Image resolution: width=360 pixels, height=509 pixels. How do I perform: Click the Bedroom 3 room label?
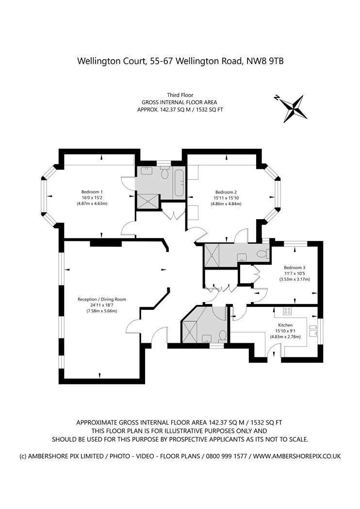pyautogui.click(x=295, y=268)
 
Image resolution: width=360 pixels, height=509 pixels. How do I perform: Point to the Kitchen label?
pyautogui.click(x=285, y=325)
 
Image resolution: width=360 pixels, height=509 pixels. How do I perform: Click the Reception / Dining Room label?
pyautogui.click(x=102, y=299)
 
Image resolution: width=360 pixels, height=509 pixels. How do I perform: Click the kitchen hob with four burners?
pyautogui.click(x=287, y=311)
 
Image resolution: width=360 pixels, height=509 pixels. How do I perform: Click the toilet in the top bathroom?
pyautogui.click(x=164, y=173)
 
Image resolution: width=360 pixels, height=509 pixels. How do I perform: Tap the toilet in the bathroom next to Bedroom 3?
pyautogui.click(x=262, y=253)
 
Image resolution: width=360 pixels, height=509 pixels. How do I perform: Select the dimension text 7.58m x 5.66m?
pyautogui.click(x=102, y=311)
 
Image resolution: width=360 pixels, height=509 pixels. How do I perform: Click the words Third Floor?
pyautogui.click(x=180, y=95)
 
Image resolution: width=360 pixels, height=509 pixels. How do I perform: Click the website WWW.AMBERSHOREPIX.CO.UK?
pyautogui.click(x=297, y=456)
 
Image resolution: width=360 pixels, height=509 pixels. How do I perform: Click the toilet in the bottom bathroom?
pyautogui.click(x=223, y=335)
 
